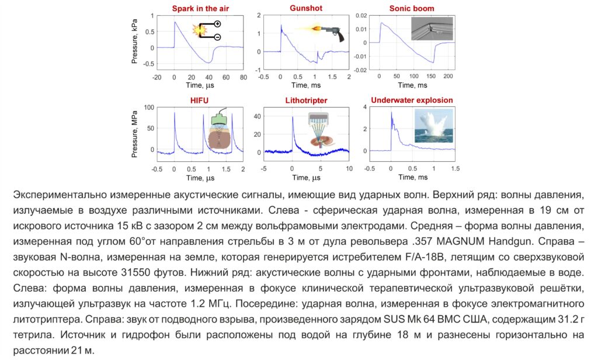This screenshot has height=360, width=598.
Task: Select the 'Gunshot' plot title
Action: tap(306, 8)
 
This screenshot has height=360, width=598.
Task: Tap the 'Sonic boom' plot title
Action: tap(412, 8)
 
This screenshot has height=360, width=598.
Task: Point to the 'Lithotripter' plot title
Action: tap(306, 100)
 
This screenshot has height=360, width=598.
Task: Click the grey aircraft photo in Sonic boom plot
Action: tap(431, 28)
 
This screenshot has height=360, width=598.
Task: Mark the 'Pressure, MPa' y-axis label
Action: tap(134, 133)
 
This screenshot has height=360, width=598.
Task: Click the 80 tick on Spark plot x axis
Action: tap(243, 77)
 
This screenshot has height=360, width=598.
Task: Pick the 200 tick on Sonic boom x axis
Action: tap(448, 77)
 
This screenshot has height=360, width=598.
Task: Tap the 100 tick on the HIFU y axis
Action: tap(148, 108)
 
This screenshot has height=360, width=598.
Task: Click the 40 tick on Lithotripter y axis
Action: tap(259, 117)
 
